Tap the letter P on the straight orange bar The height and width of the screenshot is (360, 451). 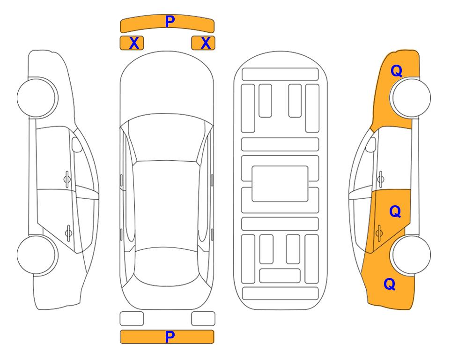coord(170,337)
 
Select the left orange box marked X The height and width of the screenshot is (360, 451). coord(132,43)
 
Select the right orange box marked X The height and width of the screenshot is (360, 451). coord(203,43)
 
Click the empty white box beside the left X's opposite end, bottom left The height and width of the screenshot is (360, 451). coord(132,319)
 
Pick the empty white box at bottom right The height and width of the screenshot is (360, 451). coord(203,319)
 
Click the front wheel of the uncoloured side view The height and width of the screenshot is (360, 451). coord(37,97)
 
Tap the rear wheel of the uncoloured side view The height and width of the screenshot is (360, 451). coord(37,255)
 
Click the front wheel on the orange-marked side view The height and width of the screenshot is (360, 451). coord(411,97)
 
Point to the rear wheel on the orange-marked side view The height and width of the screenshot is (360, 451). coord(411,255)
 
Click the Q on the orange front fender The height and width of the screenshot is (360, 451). coord(396,71)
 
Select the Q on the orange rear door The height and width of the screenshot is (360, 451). coord(395,212)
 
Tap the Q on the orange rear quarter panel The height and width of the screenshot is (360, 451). coord(390,284)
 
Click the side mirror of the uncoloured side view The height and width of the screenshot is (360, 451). coord(76,144)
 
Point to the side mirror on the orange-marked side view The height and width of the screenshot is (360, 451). coord(371,144)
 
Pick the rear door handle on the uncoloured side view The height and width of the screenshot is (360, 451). coord(68,232)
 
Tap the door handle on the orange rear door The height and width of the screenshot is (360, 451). coord(379,233)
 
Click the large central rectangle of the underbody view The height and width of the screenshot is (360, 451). coord(280,184)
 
